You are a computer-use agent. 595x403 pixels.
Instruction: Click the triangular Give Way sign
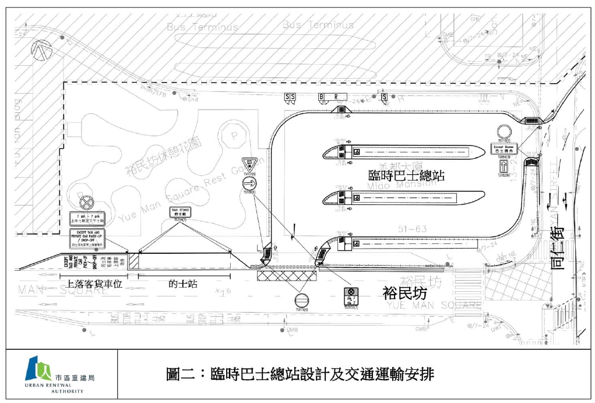(249, 163)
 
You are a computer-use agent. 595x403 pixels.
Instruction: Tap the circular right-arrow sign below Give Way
(249, 184)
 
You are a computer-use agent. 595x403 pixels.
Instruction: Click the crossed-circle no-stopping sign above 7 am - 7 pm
(87, 202)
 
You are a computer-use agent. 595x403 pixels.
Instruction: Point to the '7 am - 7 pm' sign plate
(87, 219)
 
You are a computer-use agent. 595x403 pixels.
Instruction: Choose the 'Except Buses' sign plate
(504, 149)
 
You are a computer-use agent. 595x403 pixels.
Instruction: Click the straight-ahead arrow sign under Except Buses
(504, 164)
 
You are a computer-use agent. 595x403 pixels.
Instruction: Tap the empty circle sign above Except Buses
(504, 131)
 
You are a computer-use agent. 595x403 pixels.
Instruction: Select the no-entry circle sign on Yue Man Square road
(301, 301)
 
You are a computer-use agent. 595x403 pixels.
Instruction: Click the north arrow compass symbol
(42, 50)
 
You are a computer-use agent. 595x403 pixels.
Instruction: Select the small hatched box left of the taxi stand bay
(133, 260)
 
